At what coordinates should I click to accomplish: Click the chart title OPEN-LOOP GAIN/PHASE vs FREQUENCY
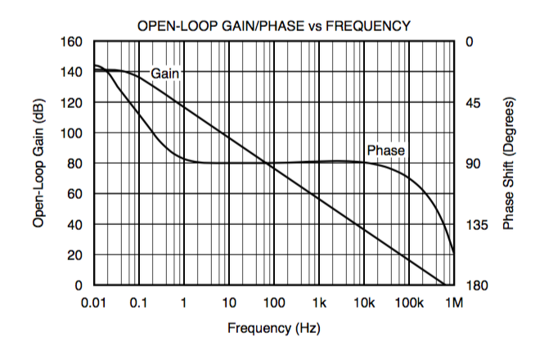[273, 26]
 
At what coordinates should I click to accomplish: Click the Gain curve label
[164, 73]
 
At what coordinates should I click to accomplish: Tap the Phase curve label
[385, 151]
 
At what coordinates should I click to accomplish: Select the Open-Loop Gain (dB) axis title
[38, 164]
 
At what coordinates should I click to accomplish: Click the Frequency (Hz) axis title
[273, 329]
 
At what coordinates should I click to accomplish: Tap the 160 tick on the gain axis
[73, 42]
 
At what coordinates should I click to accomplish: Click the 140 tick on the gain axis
[73, 72]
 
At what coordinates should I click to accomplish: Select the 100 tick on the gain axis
[73, 133]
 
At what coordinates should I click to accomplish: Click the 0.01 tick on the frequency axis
[94, 303]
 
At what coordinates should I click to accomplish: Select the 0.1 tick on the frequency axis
[138, 303]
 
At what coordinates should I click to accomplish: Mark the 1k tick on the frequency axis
[319, 303]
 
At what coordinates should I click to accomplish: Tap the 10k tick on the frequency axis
[364, 303]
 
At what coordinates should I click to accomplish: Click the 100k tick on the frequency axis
[409, 303]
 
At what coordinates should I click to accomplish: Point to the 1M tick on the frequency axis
[454, 303]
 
